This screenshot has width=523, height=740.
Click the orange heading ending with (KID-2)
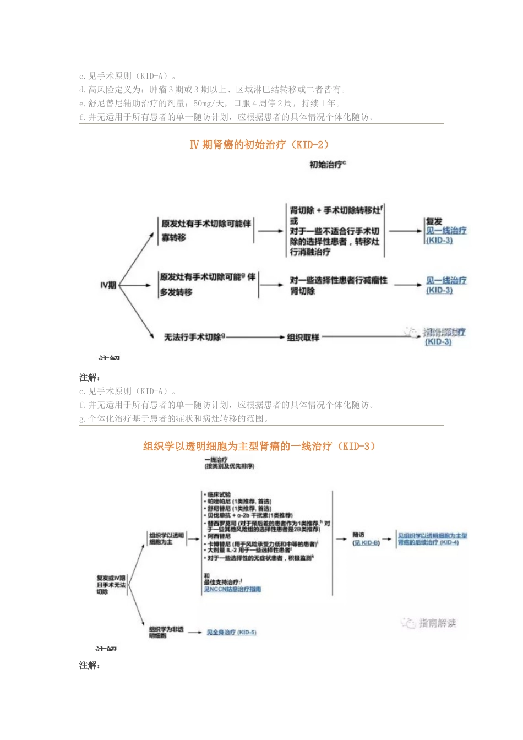(260, 145)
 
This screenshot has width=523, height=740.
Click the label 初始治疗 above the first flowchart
(327, 165)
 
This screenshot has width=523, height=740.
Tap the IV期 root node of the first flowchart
(108, 285)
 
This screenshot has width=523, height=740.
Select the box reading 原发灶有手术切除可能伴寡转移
(206, 230)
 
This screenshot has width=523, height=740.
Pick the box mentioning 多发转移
(208, 284)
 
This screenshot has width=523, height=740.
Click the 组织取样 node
(303, 337)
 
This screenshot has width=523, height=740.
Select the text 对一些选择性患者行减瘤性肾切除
(338, 285)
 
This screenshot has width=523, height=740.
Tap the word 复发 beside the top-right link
(434, 221)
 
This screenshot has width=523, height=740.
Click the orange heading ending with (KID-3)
(260, 447)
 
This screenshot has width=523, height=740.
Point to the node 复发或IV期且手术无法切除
(111, 585)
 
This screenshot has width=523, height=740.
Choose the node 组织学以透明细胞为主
(166, 538)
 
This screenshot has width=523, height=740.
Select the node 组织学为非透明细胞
(166, 632)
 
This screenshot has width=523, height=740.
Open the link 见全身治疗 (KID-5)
(231, 633)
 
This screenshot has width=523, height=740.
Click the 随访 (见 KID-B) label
(366, 539)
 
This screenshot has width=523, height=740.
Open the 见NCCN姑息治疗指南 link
(232, 589)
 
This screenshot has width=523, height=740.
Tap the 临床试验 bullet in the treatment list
(219, 494)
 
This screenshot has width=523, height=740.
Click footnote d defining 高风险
(213, 90)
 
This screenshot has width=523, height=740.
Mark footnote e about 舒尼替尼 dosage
(210, 104)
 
